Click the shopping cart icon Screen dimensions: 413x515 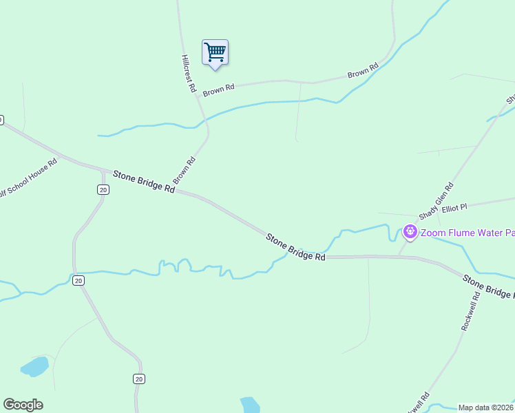coord(215,52)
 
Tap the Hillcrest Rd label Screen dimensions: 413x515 coord(189,74)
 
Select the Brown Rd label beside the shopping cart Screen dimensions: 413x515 coord(219,89)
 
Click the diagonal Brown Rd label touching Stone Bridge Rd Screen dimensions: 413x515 coord(185,170)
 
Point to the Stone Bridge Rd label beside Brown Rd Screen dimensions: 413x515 coord(144,181)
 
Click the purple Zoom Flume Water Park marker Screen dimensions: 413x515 coord(410,232)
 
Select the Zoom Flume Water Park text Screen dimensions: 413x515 coord(467,233)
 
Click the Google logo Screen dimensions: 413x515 coord(23,405)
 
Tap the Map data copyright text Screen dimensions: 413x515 coord(486,407)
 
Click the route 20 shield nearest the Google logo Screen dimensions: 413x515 coord(139,379)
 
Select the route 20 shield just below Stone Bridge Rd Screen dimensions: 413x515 coord(103,189)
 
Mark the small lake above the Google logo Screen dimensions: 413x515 coord(34,366)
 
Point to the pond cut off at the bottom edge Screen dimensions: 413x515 coord(250,405)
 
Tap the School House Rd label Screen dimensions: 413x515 coord(29,178)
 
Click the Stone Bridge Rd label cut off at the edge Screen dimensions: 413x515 coord(488,287)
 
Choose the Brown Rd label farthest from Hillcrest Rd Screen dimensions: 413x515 coord(364,70)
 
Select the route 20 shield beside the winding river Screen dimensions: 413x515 coord(78,280)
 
